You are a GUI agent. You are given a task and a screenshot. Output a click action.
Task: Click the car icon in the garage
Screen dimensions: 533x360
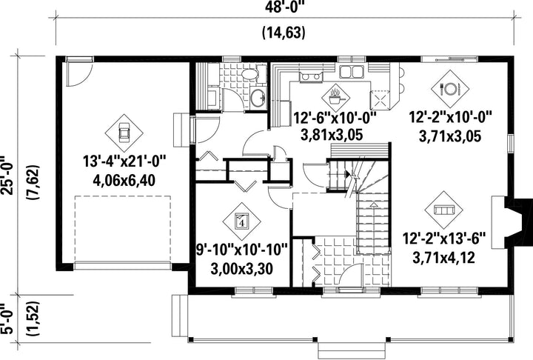pos(124,133)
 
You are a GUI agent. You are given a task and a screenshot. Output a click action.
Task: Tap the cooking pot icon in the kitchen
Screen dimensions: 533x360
pos(336,98)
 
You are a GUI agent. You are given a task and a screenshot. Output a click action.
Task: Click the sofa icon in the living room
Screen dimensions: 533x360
pos(443,210)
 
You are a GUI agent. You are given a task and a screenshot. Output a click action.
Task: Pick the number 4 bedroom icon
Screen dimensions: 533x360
pos(241,221)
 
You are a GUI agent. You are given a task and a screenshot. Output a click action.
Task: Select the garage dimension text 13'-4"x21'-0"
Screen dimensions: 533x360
pos(124,161)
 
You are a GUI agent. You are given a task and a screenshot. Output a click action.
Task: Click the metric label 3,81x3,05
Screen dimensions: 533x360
pos(332,135)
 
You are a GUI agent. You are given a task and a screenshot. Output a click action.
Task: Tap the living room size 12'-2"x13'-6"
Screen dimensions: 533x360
pos(443,239)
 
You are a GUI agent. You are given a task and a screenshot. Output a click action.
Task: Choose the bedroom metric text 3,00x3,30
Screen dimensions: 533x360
pos(241,269)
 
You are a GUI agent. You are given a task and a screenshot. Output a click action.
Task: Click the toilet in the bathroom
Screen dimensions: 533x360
pos(252,74)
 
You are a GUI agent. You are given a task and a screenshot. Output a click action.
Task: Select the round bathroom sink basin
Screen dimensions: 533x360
pos(258,99)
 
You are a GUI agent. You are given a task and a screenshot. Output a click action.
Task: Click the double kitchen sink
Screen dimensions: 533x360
pos(351,72)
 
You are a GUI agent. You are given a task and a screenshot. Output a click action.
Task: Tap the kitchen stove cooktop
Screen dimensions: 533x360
pos(310,77)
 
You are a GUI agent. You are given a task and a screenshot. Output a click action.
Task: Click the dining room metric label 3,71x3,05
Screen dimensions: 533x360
pos(450,136)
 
